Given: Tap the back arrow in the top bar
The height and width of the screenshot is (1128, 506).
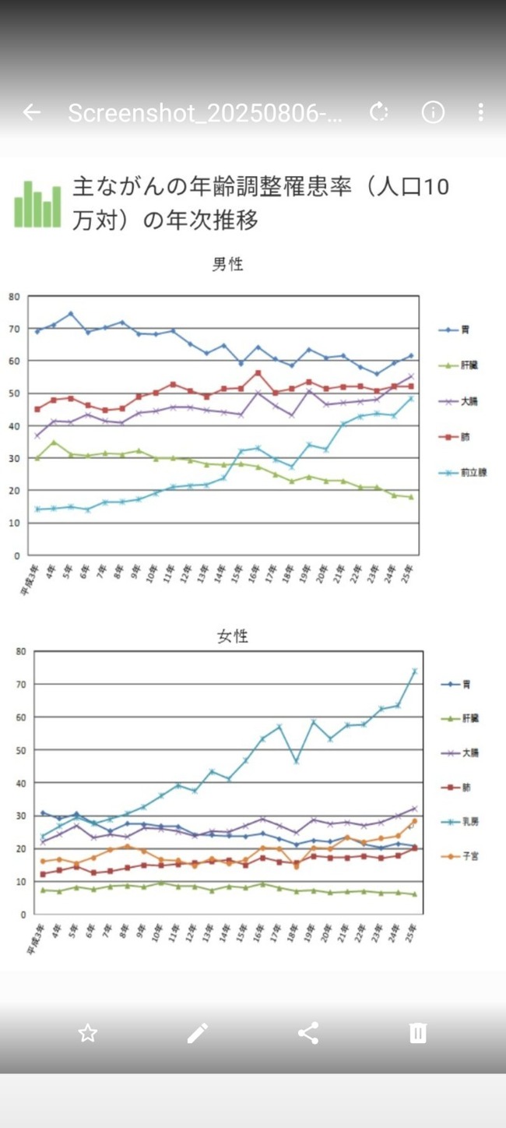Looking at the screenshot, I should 31,112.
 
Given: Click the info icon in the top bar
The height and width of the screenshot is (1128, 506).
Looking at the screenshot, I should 433,112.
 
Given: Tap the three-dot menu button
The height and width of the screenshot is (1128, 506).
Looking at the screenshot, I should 480,112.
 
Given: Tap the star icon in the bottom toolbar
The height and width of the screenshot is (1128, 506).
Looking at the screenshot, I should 88,1033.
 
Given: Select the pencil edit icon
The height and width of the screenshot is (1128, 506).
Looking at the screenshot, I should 198,1033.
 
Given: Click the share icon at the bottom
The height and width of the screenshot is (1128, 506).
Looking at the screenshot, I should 308,1033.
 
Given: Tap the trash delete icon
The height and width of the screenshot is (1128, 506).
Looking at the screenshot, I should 418,1033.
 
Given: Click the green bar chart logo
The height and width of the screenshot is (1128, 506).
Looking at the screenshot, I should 37,204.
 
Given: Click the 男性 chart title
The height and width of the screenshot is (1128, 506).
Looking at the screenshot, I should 227,264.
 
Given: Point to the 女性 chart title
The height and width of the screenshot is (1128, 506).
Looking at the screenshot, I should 232,636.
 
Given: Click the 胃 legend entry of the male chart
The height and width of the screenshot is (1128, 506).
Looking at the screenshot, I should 459,330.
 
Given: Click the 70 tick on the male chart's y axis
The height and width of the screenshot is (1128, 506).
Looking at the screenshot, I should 13,329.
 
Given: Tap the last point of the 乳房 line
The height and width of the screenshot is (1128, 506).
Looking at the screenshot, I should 415,671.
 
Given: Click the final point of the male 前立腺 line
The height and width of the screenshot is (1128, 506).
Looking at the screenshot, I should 411,399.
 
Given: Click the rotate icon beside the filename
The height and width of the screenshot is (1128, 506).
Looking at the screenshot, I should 379,112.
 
